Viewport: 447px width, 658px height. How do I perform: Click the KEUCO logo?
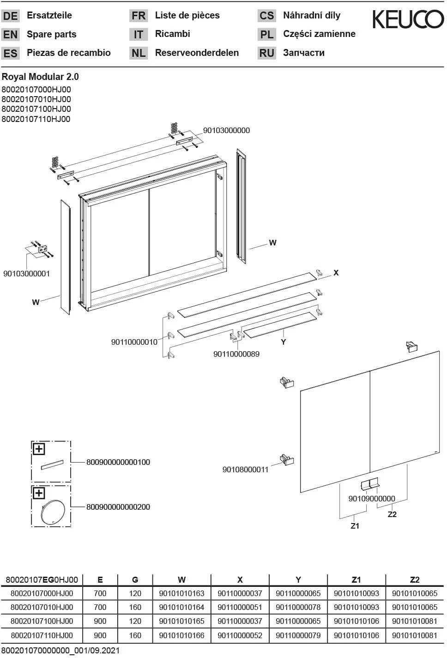click(408, 19)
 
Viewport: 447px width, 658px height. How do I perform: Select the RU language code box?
click(266, 53)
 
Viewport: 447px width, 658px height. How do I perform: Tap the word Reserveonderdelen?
click(197, 53)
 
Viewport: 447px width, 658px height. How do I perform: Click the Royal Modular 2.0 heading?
click(40, 77)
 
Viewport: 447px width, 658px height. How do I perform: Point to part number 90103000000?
click(226, 130)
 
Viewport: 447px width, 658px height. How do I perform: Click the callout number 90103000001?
click(26, 274)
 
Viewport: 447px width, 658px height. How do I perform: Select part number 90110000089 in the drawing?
click(236, 354)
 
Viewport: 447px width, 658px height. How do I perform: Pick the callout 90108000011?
click(245, 469)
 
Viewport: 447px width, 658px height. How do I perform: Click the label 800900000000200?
click(118, 507)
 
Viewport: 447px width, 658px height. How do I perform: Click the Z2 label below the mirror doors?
click(392, 514)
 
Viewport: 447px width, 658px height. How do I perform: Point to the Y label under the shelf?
click(284, 342)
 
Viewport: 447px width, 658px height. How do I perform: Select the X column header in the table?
click(240, 579)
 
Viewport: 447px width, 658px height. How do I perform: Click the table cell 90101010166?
click(181, 635)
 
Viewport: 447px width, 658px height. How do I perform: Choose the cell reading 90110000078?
click(298, 607)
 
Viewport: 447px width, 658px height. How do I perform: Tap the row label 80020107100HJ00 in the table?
click(42, 621)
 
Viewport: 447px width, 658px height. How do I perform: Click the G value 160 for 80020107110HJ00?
click(135, 635)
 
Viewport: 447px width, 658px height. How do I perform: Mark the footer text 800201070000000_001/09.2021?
click(60, 651)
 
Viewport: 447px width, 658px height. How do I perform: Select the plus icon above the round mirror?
click(38, 493)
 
